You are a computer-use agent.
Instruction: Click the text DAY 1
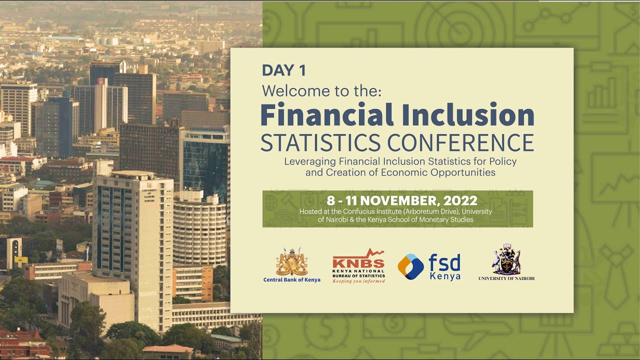[283, 70]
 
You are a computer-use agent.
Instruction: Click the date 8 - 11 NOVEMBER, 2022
[402, 201]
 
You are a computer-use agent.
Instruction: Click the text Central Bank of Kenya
[292, 280]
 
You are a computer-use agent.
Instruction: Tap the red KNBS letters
[358, 263]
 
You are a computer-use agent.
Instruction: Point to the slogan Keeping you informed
[358, 281]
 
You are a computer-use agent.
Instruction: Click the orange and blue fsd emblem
[410, 266]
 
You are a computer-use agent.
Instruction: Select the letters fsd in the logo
[444, 262]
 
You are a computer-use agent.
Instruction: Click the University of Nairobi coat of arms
[506, 260]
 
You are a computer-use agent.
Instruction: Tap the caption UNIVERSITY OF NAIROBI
[506, 278]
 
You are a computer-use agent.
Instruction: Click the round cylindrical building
[199, 230]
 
